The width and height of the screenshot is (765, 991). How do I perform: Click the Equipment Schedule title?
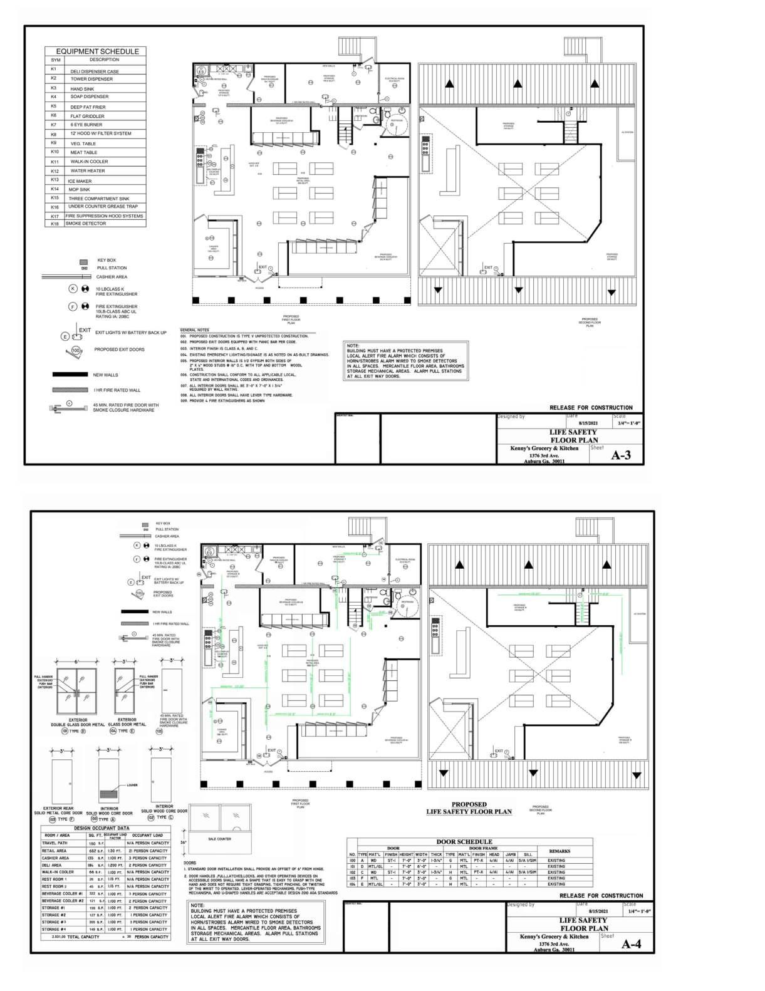pos(97,51)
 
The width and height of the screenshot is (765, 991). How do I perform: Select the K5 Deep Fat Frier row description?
pos(88,107)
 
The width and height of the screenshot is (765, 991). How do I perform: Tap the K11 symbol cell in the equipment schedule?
pos(55,162)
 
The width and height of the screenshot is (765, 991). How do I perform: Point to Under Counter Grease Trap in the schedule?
pos(103,207)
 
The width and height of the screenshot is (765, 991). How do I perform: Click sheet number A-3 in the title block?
pos(620,455)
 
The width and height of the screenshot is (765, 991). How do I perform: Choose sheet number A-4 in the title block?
pos(630,945)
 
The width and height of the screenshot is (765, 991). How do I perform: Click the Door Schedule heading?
pos(464,841)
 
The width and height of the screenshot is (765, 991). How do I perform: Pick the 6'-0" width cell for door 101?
pos(422,866)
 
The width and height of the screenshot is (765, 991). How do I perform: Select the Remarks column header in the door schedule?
pos(559,851)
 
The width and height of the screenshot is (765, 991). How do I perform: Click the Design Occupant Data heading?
pos(101,828)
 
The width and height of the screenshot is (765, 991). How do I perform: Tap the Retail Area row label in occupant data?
pos(55,851)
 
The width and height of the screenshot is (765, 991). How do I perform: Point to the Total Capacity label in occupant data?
pos(85,937)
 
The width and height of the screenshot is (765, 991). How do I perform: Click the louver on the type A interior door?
pos(109,793)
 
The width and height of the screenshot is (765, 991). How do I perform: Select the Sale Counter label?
pos(219,839)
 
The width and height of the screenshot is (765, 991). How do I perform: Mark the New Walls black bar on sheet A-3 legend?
pos(70,375)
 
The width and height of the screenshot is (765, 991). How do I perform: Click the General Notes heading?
pos(194,329)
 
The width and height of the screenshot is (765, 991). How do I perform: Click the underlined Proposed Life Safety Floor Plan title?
pos(469,808)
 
